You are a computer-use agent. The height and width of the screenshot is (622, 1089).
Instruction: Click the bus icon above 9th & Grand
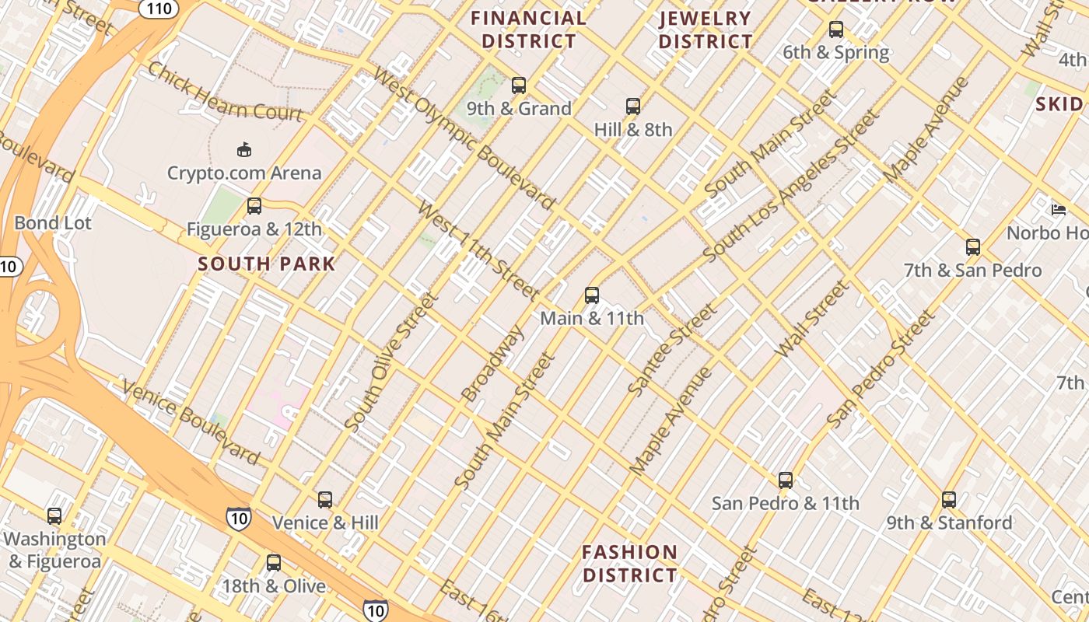(519, 86)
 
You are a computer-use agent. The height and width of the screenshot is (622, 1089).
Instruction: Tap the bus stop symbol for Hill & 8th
(633, 107)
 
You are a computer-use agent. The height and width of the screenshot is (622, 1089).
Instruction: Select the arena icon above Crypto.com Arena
(244, 149)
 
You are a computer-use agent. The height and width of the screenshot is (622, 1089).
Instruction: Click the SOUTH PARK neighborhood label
(266, 264)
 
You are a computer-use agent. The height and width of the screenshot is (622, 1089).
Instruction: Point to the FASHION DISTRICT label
(630, 564)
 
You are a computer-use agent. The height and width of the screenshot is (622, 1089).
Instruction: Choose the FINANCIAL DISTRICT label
(529, 30)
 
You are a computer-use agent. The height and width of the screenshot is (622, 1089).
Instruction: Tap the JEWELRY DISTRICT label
(706, 30)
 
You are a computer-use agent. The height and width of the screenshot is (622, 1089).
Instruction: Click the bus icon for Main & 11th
(592, 295)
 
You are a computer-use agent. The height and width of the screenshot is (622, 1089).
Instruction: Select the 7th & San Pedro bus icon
(973, 248)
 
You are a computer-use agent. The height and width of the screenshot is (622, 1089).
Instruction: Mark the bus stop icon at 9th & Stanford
(949, 500)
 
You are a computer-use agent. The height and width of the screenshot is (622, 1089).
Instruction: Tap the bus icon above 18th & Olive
(274, 563)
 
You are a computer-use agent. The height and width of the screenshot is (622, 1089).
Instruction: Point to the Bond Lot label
(53, 223)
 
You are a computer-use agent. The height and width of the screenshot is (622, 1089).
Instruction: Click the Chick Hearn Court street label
(225, 92)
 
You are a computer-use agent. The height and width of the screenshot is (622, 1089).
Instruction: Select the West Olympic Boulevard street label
(464, 139)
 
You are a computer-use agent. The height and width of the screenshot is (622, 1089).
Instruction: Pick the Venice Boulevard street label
(191, 420)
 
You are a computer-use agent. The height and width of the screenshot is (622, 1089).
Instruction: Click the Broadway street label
(493, 363)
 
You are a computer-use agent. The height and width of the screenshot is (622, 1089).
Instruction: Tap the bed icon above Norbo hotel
(1059, 210)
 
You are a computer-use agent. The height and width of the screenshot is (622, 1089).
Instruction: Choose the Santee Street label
(673, 350)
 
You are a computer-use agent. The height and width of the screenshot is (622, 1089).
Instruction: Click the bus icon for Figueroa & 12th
(254, 207)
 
